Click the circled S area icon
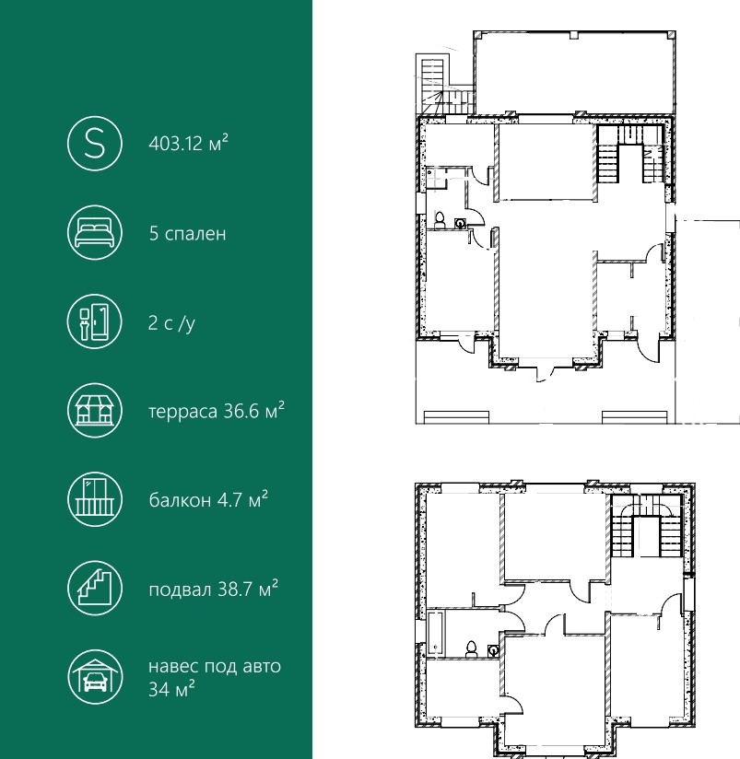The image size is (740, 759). coord(95,144)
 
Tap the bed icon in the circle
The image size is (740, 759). coord(95,233)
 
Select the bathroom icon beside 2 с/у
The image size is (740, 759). coord(95,321)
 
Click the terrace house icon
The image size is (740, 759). coord(95,411)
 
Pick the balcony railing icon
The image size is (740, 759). coord(95,499)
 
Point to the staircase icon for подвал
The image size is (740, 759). coord(95,588)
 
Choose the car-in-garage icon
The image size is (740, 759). coord(95,677)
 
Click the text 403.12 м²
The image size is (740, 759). coord(188,144)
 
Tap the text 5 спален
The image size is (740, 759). coord(187,233)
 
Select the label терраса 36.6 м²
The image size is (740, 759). coord(217,411)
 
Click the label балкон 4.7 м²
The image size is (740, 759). coord(208,499)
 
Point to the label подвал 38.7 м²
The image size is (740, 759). coord(214,590)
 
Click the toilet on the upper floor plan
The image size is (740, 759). coord(440,220)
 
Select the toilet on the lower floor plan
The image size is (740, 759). coord(471,648)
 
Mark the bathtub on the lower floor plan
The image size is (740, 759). coord(435,634)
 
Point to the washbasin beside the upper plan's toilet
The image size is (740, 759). coord(460,223)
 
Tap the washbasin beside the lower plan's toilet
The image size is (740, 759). coord(493,650)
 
